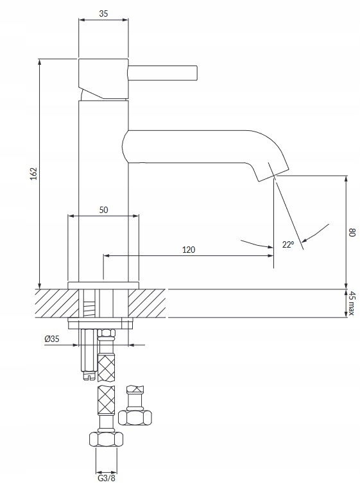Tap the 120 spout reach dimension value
189,250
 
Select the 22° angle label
287,244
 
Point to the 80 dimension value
352,232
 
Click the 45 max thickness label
351,303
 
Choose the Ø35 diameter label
51,339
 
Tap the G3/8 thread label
107,478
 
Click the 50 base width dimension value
103,210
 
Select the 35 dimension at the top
103,13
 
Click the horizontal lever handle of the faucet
163,73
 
